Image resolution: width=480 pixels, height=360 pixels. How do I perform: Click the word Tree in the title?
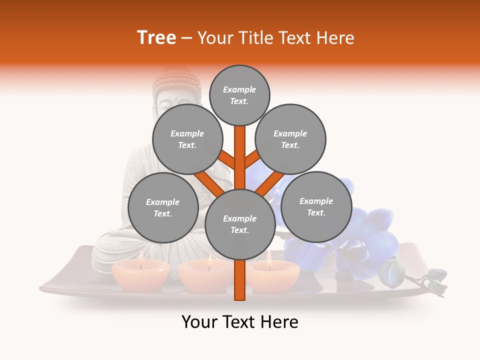click(156, 38)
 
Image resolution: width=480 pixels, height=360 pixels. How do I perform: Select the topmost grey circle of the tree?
click(239, 95)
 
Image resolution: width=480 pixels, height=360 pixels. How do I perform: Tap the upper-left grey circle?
click(187, 139)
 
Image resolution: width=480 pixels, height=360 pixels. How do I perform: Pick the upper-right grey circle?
click(290, 139)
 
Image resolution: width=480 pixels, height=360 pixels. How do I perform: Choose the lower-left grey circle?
click(163, 207)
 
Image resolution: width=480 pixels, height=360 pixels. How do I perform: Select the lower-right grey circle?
click(316, 206)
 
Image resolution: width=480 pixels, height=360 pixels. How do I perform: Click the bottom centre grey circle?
click(239, 224)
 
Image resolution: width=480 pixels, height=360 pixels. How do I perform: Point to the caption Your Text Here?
click(239, 322)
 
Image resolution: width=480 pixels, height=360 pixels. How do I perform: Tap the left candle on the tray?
click(140, 274)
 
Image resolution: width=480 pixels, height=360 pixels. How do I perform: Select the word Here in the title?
click(335, 38)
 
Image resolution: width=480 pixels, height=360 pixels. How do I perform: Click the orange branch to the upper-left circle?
click(228, 160)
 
